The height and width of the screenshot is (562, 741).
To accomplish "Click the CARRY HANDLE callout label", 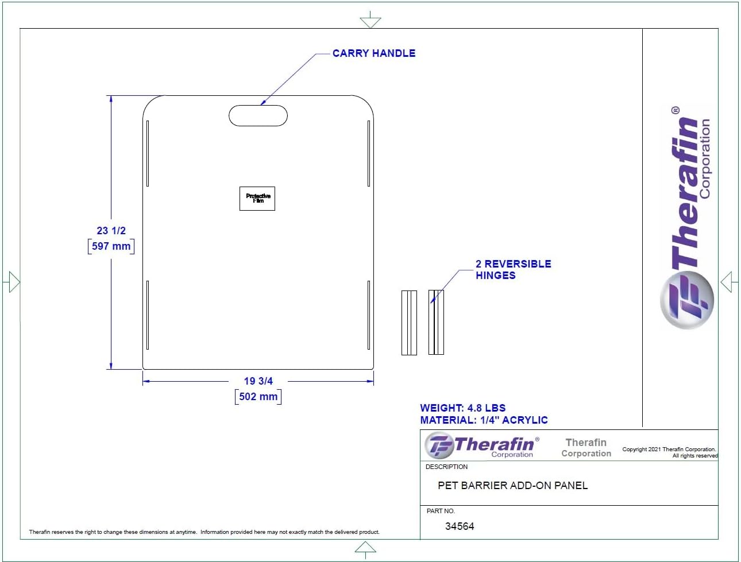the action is (x=374, y=53).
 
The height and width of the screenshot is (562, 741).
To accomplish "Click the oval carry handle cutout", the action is (x=258, y=115).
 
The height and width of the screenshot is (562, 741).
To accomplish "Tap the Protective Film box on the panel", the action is (x=257, y=199).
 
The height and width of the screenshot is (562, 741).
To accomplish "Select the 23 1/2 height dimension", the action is (x=111, y=230).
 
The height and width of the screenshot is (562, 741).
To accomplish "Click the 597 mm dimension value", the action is (x=111, y=246).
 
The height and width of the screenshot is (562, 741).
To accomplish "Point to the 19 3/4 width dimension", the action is (x=258, y=381).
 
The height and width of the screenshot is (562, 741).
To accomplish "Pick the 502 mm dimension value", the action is (x=258, y=396).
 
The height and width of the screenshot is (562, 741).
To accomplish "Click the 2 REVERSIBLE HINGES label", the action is (x=513, y=269).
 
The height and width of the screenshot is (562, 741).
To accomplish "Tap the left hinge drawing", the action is (x=409, y=323).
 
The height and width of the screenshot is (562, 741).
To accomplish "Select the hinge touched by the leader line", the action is (x=436, y=322).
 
